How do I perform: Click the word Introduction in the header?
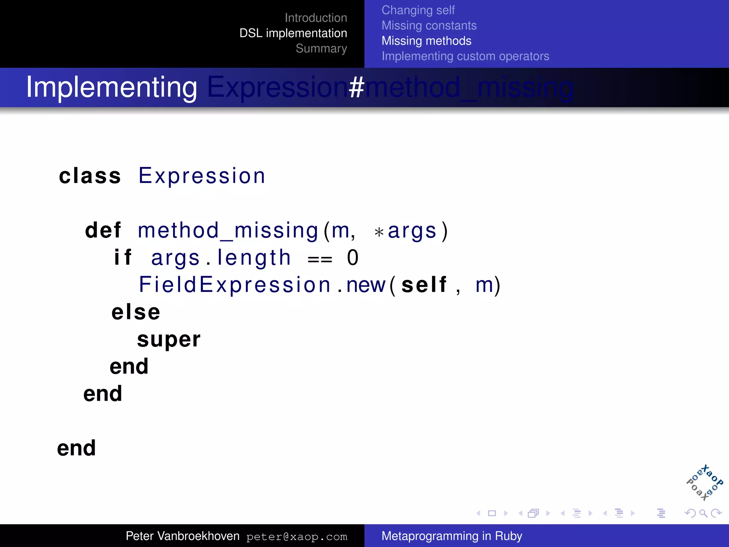point(316,18)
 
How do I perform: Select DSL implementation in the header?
point(293,33)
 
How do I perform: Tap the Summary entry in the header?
point(321,48)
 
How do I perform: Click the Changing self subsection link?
point(418,10)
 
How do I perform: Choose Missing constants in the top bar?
point(429,26)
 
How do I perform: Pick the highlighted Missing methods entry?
point(426,41)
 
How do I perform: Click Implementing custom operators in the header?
point(465,56)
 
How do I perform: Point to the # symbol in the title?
point(356,87)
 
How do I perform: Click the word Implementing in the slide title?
point(111,87)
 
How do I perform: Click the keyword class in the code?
point(90,176)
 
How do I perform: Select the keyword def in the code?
point(103,230)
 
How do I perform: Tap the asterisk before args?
point(379,233)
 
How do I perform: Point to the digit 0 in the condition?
point(352,258)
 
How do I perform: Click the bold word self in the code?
point(424,285)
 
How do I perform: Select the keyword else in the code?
point(136,312)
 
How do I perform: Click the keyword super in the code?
point(169,339)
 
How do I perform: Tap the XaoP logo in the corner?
point(704,483)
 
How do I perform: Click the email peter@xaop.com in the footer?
point(297,537)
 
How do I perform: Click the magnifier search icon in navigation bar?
point(703,513)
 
